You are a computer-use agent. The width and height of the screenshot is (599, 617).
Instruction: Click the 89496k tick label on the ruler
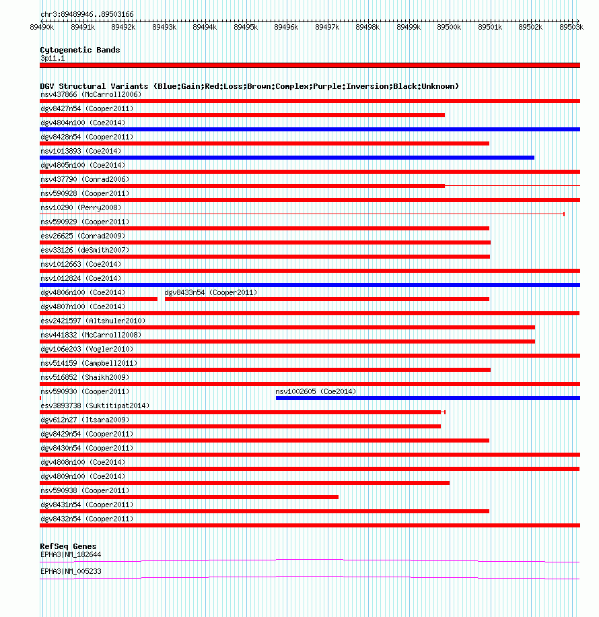point(286,27)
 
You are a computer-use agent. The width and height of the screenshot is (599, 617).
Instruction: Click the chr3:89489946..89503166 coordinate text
point(87,14)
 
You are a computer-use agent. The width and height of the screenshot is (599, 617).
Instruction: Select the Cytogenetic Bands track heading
point(80,50)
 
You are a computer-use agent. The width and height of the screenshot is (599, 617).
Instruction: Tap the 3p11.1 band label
point(52,59)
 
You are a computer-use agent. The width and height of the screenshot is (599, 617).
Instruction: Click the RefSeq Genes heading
point(68,546)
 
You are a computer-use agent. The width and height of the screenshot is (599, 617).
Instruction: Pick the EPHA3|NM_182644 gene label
point(71,554)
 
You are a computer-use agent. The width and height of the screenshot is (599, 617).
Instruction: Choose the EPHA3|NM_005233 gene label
point(71,571)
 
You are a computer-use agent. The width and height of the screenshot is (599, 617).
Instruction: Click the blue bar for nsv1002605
point(427,398)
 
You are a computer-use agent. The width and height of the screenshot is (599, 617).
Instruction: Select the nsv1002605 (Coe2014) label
point(316,391)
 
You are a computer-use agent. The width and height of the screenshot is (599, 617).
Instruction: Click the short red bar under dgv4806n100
point(98,299)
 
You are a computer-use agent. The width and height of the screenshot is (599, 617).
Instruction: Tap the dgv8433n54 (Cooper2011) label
point(211,292)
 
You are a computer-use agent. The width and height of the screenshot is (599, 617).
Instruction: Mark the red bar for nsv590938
point(189,497)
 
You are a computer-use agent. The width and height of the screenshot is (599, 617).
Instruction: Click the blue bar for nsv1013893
point(287,158)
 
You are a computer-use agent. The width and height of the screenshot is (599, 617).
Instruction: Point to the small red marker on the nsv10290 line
point(563,214)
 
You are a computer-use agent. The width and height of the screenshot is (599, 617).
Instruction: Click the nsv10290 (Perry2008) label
point(81,207)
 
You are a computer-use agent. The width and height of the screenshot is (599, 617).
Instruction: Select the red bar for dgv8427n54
point(242,115)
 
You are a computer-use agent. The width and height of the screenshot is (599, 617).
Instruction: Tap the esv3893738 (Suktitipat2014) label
point(95,405)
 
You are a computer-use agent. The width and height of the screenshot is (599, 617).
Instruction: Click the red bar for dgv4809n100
point(244,483)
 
